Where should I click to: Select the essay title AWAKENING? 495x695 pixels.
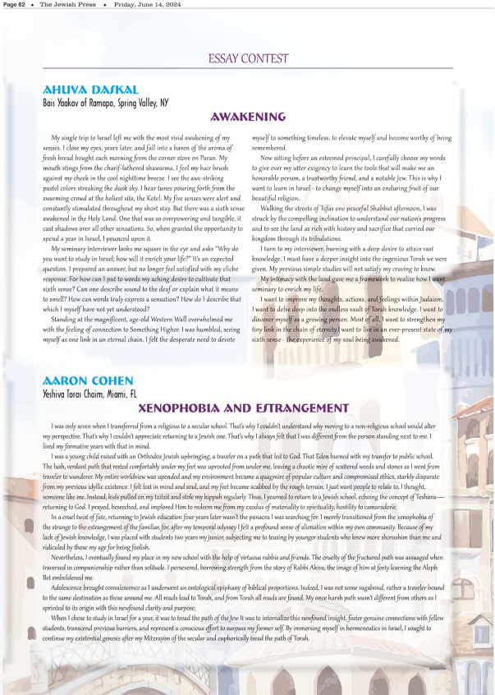pyautogui.click(x=248, y=117)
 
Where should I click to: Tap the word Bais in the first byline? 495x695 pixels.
pyautogui.click(x=50, y=103)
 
